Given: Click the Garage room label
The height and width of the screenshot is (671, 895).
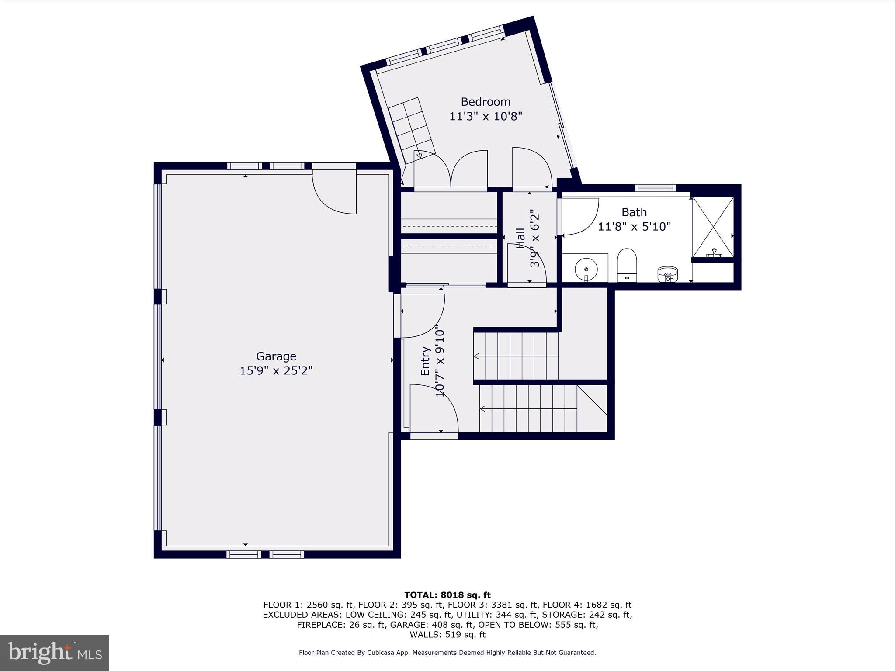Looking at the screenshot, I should (x=276, y=356).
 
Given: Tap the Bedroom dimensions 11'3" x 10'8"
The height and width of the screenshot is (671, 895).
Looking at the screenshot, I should (x=486, y=117).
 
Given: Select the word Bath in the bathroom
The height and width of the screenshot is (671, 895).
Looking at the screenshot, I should (x=634, y=212).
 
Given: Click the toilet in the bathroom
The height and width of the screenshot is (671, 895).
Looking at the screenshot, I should (x=627, y=265).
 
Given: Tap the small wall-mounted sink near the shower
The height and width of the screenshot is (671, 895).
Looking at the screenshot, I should (x=667, y=274).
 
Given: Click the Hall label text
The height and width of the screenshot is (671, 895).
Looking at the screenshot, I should (x=520, y=238).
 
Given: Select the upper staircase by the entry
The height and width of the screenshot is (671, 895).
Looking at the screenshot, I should (x=516, y=356).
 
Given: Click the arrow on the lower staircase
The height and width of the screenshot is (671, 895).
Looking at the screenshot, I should (x=483, y=409).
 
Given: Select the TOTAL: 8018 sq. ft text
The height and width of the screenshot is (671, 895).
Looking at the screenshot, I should (x=447, y=595).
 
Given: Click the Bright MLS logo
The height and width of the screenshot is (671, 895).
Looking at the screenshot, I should (x=55, y=653).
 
